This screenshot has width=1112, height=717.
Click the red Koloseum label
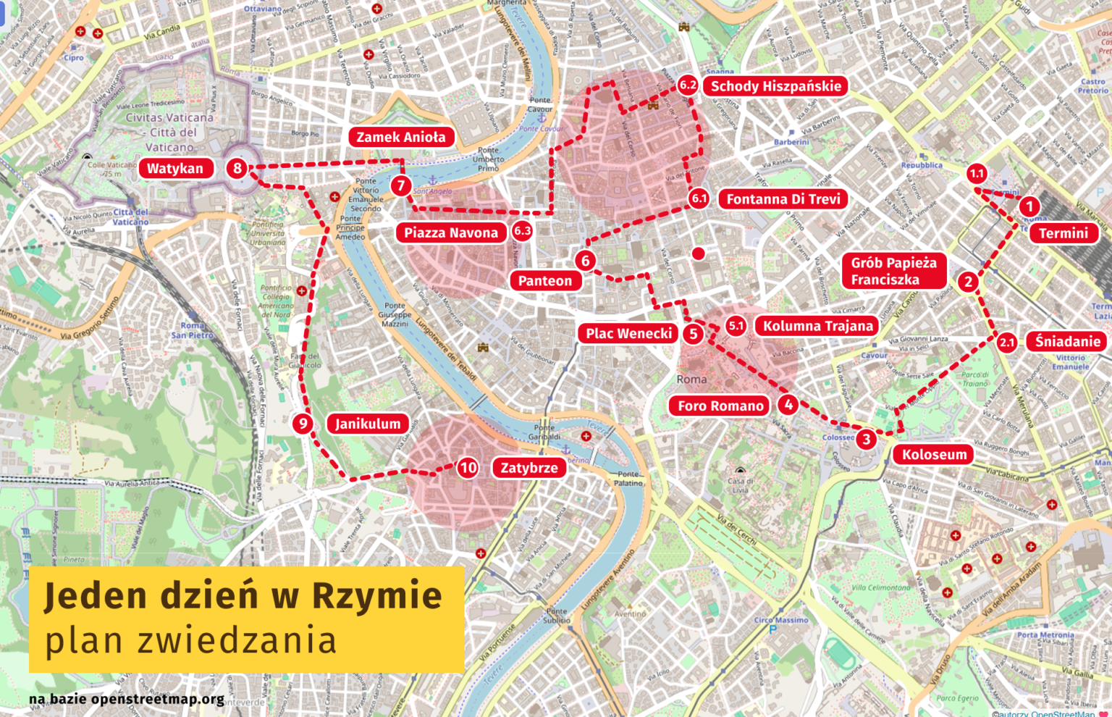[934, 455]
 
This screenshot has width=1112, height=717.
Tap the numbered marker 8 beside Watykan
[237, 169]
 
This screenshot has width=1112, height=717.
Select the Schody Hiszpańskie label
[775, 86]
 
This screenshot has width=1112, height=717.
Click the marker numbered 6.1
[699, 198]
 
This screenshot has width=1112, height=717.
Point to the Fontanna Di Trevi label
[783, 199]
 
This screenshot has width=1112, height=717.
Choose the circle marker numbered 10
[468, 468]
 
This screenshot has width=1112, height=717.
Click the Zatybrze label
[529, 468]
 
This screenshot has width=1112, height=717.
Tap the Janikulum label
[368, 424]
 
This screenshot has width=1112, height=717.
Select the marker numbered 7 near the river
[401, 186]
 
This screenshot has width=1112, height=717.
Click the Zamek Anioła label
[401, 137]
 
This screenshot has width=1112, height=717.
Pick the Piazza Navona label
[451, 232]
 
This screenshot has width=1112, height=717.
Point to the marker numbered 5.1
[736, 326]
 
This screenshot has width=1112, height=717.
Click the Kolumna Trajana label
[817, 326]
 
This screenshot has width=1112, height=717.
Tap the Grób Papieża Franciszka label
[893, 272]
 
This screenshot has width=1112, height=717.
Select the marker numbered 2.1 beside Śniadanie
[1007, 343]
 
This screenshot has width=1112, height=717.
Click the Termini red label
[1063, 233]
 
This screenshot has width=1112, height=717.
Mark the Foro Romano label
[720, 406]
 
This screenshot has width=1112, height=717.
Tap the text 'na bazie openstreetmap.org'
[127, 699]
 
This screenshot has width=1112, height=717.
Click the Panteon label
[545, 281]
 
